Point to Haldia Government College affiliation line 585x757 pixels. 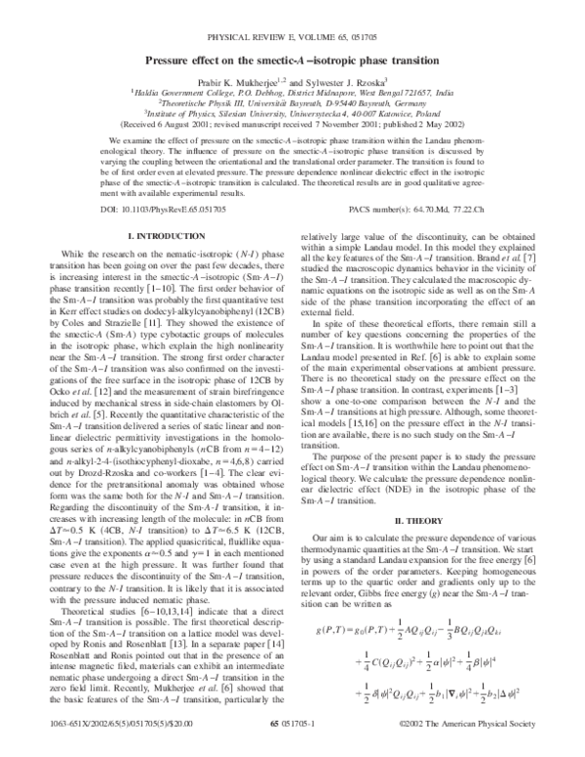[x=292, y=94]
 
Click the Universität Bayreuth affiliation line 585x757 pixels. [x=292, y=103]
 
